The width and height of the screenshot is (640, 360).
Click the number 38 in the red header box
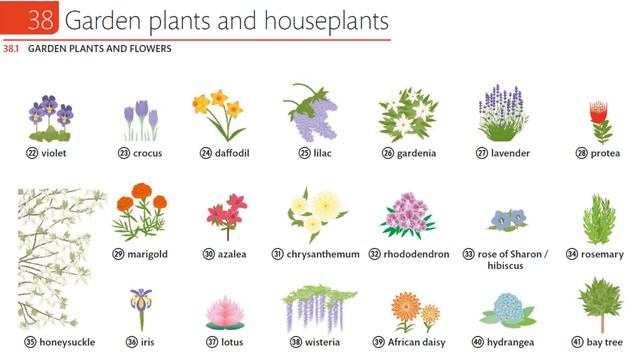(x=28, y=20)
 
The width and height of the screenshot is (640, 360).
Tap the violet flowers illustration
(x=50, y=117)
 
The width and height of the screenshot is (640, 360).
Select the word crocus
(x=147, y=153)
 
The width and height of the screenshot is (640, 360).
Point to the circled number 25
(x=276, y=153)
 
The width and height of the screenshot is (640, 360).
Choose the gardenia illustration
(x=408, y=115)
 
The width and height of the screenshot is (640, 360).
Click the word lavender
(x=510, y=153)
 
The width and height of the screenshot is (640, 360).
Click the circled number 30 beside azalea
(x=209, y=254)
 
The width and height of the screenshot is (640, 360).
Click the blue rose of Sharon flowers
(x=509, y=219)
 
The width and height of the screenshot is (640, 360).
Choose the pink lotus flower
(x=224, y=312)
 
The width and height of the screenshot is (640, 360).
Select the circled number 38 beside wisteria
(x=296, y=341)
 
